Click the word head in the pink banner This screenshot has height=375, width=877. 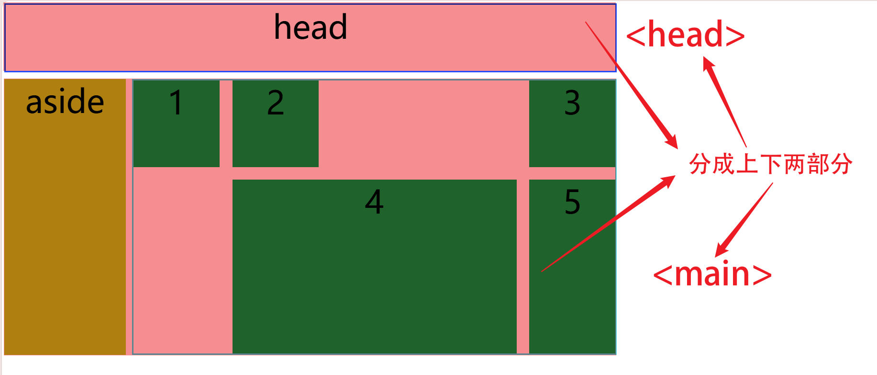tap(310, 27)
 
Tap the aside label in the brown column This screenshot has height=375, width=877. tap(65, 102)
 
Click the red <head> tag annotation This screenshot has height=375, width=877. tap(685, 35)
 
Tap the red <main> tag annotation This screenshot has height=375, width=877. tap(712, 274)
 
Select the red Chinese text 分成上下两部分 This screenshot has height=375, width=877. tap(770, 164)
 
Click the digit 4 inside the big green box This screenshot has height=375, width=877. tap(374, 202)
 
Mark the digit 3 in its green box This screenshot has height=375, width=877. tap(572, 102)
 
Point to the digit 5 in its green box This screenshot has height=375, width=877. tap(572, 202)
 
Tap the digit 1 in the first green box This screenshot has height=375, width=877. tap(176, 102)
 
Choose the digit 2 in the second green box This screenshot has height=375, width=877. tap(275, 102)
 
